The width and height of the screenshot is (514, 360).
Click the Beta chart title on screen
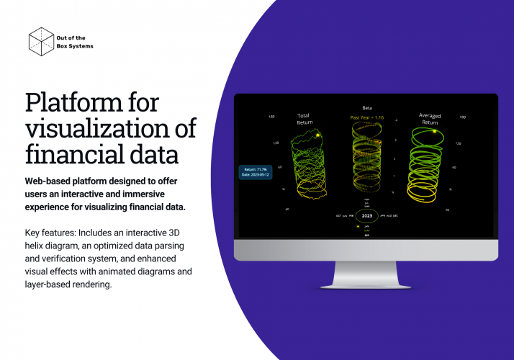coord(367,107)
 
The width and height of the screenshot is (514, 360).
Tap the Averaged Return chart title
coord(430,119)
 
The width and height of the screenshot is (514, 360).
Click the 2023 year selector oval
coord(367,215)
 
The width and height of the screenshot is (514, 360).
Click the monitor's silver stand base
coord(366,284)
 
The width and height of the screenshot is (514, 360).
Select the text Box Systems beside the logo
coord(75,46)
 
